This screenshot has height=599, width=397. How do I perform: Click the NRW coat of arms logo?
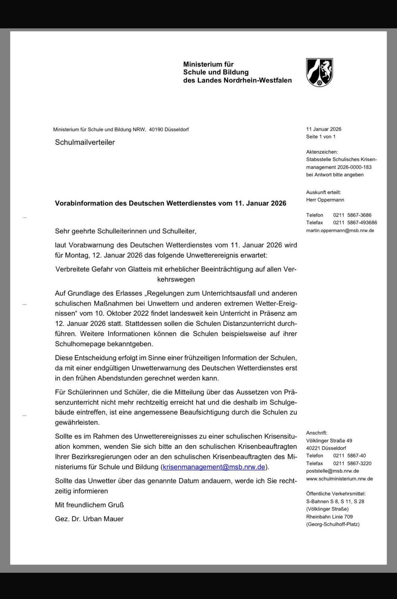point(319,72)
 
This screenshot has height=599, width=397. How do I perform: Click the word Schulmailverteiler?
point(85,142)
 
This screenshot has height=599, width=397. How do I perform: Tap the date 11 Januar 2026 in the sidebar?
point(323,129)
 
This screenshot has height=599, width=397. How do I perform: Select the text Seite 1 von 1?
point(321,137)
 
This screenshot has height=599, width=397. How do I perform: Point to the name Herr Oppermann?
point(325,200)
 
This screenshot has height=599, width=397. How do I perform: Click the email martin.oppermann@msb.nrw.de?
point(340,231)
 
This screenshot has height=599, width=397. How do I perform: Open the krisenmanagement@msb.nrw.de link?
point(214,467)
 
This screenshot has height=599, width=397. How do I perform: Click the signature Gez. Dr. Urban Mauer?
point(89,519)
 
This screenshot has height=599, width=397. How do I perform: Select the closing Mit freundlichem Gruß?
point(89,505)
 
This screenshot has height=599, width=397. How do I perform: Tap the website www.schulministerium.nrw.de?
point(339,479)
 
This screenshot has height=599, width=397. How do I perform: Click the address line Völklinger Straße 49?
point(329,441)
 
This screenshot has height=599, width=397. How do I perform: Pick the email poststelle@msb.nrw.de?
point(332,471)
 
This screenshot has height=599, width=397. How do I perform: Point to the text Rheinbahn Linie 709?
point(329,517)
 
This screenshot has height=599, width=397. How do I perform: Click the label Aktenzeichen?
point(322,152)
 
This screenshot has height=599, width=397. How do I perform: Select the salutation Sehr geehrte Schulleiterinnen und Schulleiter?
point(125,231)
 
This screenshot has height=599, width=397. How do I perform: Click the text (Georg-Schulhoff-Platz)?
point(333,524)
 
